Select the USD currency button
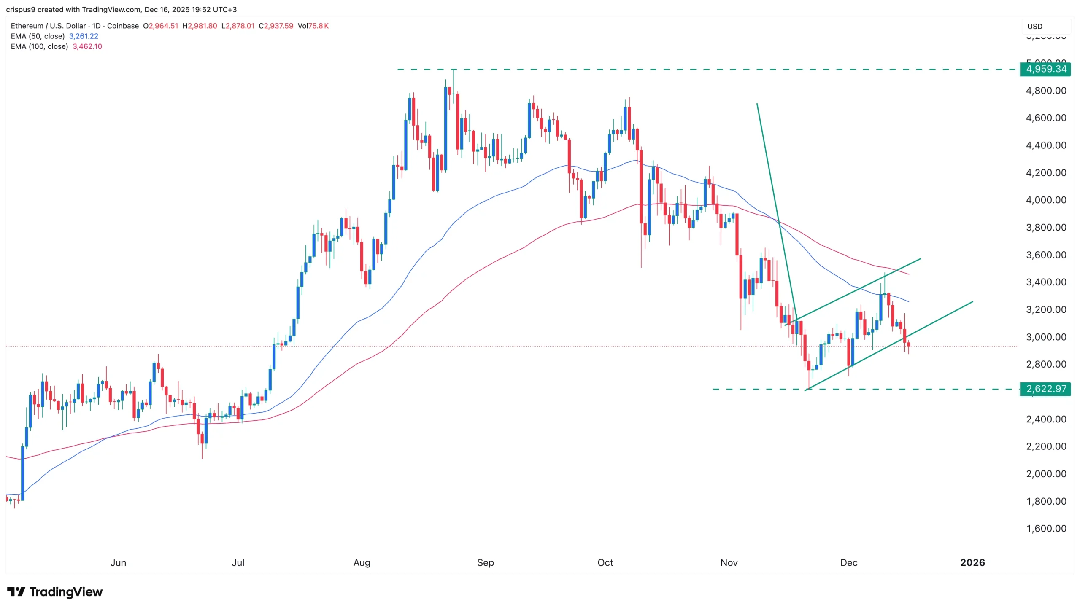(x=1034, y=26)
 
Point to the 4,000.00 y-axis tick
(x=1046, y=200)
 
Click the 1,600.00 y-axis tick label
(x=1046, y=528)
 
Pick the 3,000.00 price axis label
(x=1046, y=337)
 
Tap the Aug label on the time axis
(x=362, y=562)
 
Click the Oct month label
(x=605, y=562)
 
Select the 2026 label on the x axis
(x=972, y=562)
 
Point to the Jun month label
(x=118, y=562)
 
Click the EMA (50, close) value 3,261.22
(x=84, y=36)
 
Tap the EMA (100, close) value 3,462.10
(x=87, y=46)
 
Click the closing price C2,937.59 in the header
(x=276, y=26)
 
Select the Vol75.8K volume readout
(x=313, y=26)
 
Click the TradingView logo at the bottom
(x=55, y=592)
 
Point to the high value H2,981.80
(x=200, y=26)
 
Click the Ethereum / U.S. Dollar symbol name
(x=48, y=26)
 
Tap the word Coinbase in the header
(x=123, y=26)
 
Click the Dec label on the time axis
(x=848, y=562)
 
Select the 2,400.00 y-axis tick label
(x=1046, y=419)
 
